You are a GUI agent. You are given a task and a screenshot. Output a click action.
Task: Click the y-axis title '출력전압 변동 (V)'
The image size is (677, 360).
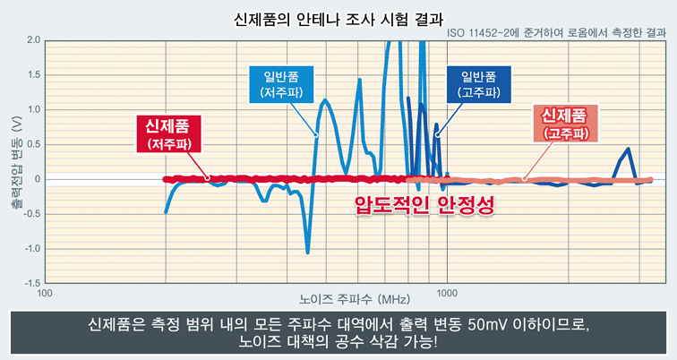[14, 161]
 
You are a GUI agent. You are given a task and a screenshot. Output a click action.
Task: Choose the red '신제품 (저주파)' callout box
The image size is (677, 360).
[168, 133]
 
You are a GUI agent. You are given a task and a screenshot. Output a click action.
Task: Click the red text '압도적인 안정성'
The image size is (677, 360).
[424, 206]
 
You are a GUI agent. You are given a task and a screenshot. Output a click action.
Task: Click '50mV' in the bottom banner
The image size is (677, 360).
[491, 323]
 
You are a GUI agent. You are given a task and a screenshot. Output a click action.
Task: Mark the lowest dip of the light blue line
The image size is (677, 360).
[308, 253]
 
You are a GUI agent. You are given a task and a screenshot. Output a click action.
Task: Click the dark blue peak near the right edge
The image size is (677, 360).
[628, 150]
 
